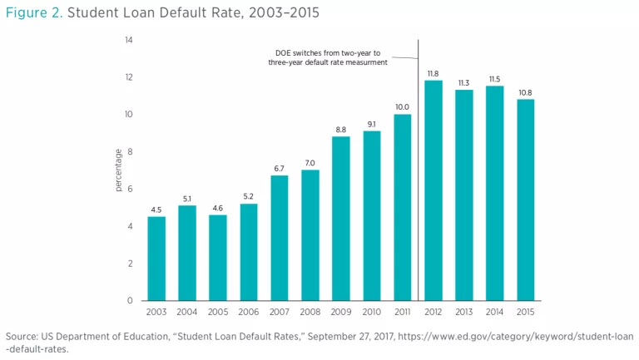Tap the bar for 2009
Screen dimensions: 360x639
pyautogui.click(x=341, y=218)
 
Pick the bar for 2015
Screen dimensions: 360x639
pyautogui.click(x=525, y=200)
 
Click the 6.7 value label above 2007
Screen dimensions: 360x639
pyautogui.click(x=280, y=169)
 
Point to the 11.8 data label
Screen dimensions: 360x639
pyautogui.click(x=433, y=74)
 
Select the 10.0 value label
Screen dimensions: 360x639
pyautogui.click(x=403, y=107)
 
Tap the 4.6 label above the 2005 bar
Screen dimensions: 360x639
pyautogui.click(x=218, y=208)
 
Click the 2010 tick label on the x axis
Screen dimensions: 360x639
pyautogui.click(x=372, y=313)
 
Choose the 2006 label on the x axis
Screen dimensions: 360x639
pyautogui.click(x=249, y=313)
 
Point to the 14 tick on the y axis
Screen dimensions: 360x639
pyautogui.click(x=129, y=40)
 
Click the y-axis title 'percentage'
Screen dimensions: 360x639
pyautogui.click(x=119, y=170)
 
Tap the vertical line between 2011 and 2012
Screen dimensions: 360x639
pyautogui.click(x=418, y=166)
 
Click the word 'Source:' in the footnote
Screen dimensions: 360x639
pyautogui.click(x=23, y=336)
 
